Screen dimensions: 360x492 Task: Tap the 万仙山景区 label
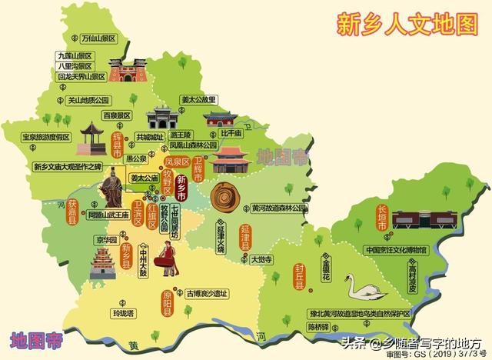(91, 38)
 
